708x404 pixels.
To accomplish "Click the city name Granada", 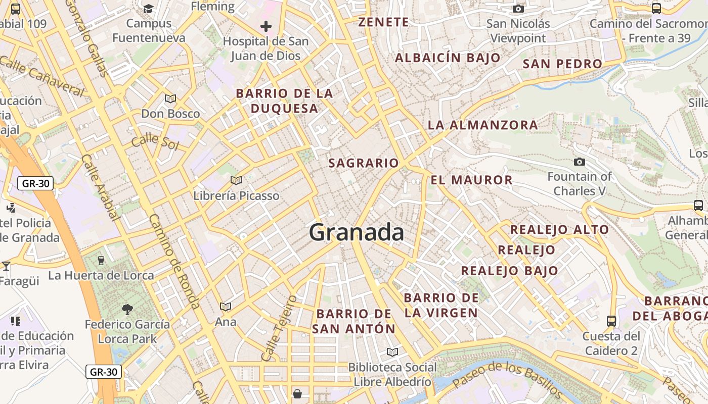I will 357,232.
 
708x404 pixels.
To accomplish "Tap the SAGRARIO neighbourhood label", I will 364,163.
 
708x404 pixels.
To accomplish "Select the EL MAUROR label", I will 471,180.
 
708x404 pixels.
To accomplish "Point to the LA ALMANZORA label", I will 482,125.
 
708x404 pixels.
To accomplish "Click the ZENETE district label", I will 383,22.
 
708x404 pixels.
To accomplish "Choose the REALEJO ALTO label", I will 559,230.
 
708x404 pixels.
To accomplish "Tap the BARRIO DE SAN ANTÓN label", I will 353,321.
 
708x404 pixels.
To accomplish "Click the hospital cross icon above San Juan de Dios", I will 266,26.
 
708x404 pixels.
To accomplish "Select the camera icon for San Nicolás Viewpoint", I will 518,9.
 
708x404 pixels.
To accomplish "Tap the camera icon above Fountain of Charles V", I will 580,162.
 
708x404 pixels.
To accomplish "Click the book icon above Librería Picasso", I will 236,180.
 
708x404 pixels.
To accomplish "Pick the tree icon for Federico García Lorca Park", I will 127,309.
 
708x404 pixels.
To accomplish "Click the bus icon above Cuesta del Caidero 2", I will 611,321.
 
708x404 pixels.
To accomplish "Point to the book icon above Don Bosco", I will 170,98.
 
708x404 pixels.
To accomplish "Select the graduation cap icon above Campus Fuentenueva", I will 149,8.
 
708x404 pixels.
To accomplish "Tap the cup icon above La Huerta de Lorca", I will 101,260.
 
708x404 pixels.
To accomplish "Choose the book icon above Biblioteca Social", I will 392,352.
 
